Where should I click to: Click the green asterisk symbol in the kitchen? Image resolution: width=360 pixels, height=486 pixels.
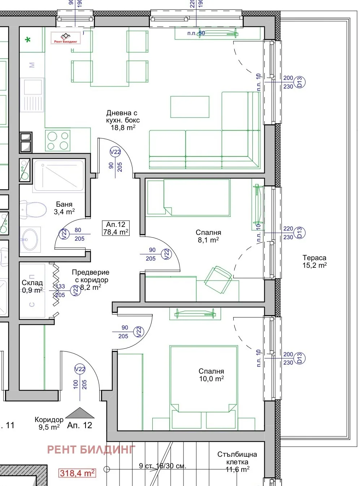[x=28, y=39]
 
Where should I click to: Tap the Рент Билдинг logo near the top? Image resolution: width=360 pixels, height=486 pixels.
[x=65, y=38]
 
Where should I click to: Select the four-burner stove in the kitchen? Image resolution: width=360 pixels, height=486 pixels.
[x=58, y=141]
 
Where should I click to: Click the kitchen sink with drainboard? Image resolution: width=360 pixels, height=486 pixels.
[x=32, y=95]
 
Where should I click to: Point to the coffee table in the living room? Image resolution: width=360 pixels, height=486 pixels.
[x=190, y=107]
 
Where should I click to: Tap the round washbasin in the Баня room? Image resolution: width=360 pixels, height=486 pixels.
[x=30, y=239]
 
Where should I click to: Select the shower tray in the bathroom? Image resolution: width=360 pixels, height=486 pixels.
[x=58, y=176]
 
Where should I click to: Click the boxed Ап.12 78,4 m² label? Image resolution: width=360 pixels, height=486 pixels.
[x=116, y=228]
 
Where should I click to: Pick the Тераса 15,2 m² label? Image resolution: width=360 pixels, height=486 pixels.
[x=315, y=261]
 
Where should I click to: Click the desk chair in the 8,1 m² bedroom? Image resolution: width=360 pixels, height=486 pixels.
[x=218, y=279]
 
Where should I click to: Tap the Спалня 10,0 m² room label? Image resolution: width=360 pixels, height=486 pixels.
[x=211, y=375]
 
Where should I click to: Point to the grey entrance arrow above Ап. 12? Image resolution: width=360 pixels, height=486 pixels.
[x=80, y=413]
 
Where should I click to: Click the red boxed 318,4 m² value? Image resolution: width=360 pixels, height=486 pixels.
[x=77, y=473]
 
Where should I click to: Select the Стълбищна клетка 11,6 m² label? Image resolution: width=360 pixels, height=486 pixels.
[x=237, y=462]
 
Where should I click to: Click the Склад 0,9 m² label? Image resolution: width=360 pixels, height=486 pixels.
[x=32, y=286]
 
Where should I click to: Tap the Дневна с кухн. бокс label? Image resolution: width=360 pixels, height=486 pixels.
[x=122, y=120]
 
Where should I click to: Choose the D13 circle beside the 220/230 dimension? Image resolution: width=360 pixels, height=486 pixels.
[x=299, y=233]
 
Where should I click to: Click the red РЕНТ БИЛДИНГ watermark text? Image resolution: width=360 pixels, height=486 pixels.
[x=91, y=450]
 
